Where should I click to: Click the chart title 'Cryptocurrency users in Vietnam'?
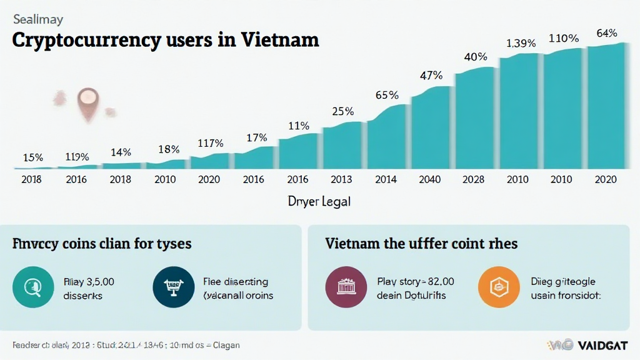point(166,41)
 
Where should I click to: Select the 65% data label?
point(387,96)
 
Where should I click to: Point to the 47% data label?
point(431,76)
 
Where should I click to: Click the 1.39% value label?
point(521,43)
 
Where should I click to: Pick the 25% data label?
point(342,112)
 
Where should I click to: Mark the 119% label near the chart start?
point(77,157)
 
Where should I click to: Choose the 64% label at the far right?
point(607,33)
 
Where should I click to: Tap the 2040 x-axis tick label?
point(429,179)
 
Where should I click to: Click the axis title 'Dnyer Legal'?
point(319,202)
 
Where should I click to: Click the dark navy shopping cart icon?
point(171,287)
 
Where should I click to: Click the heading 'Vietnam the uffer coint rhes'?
point(421,242)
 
